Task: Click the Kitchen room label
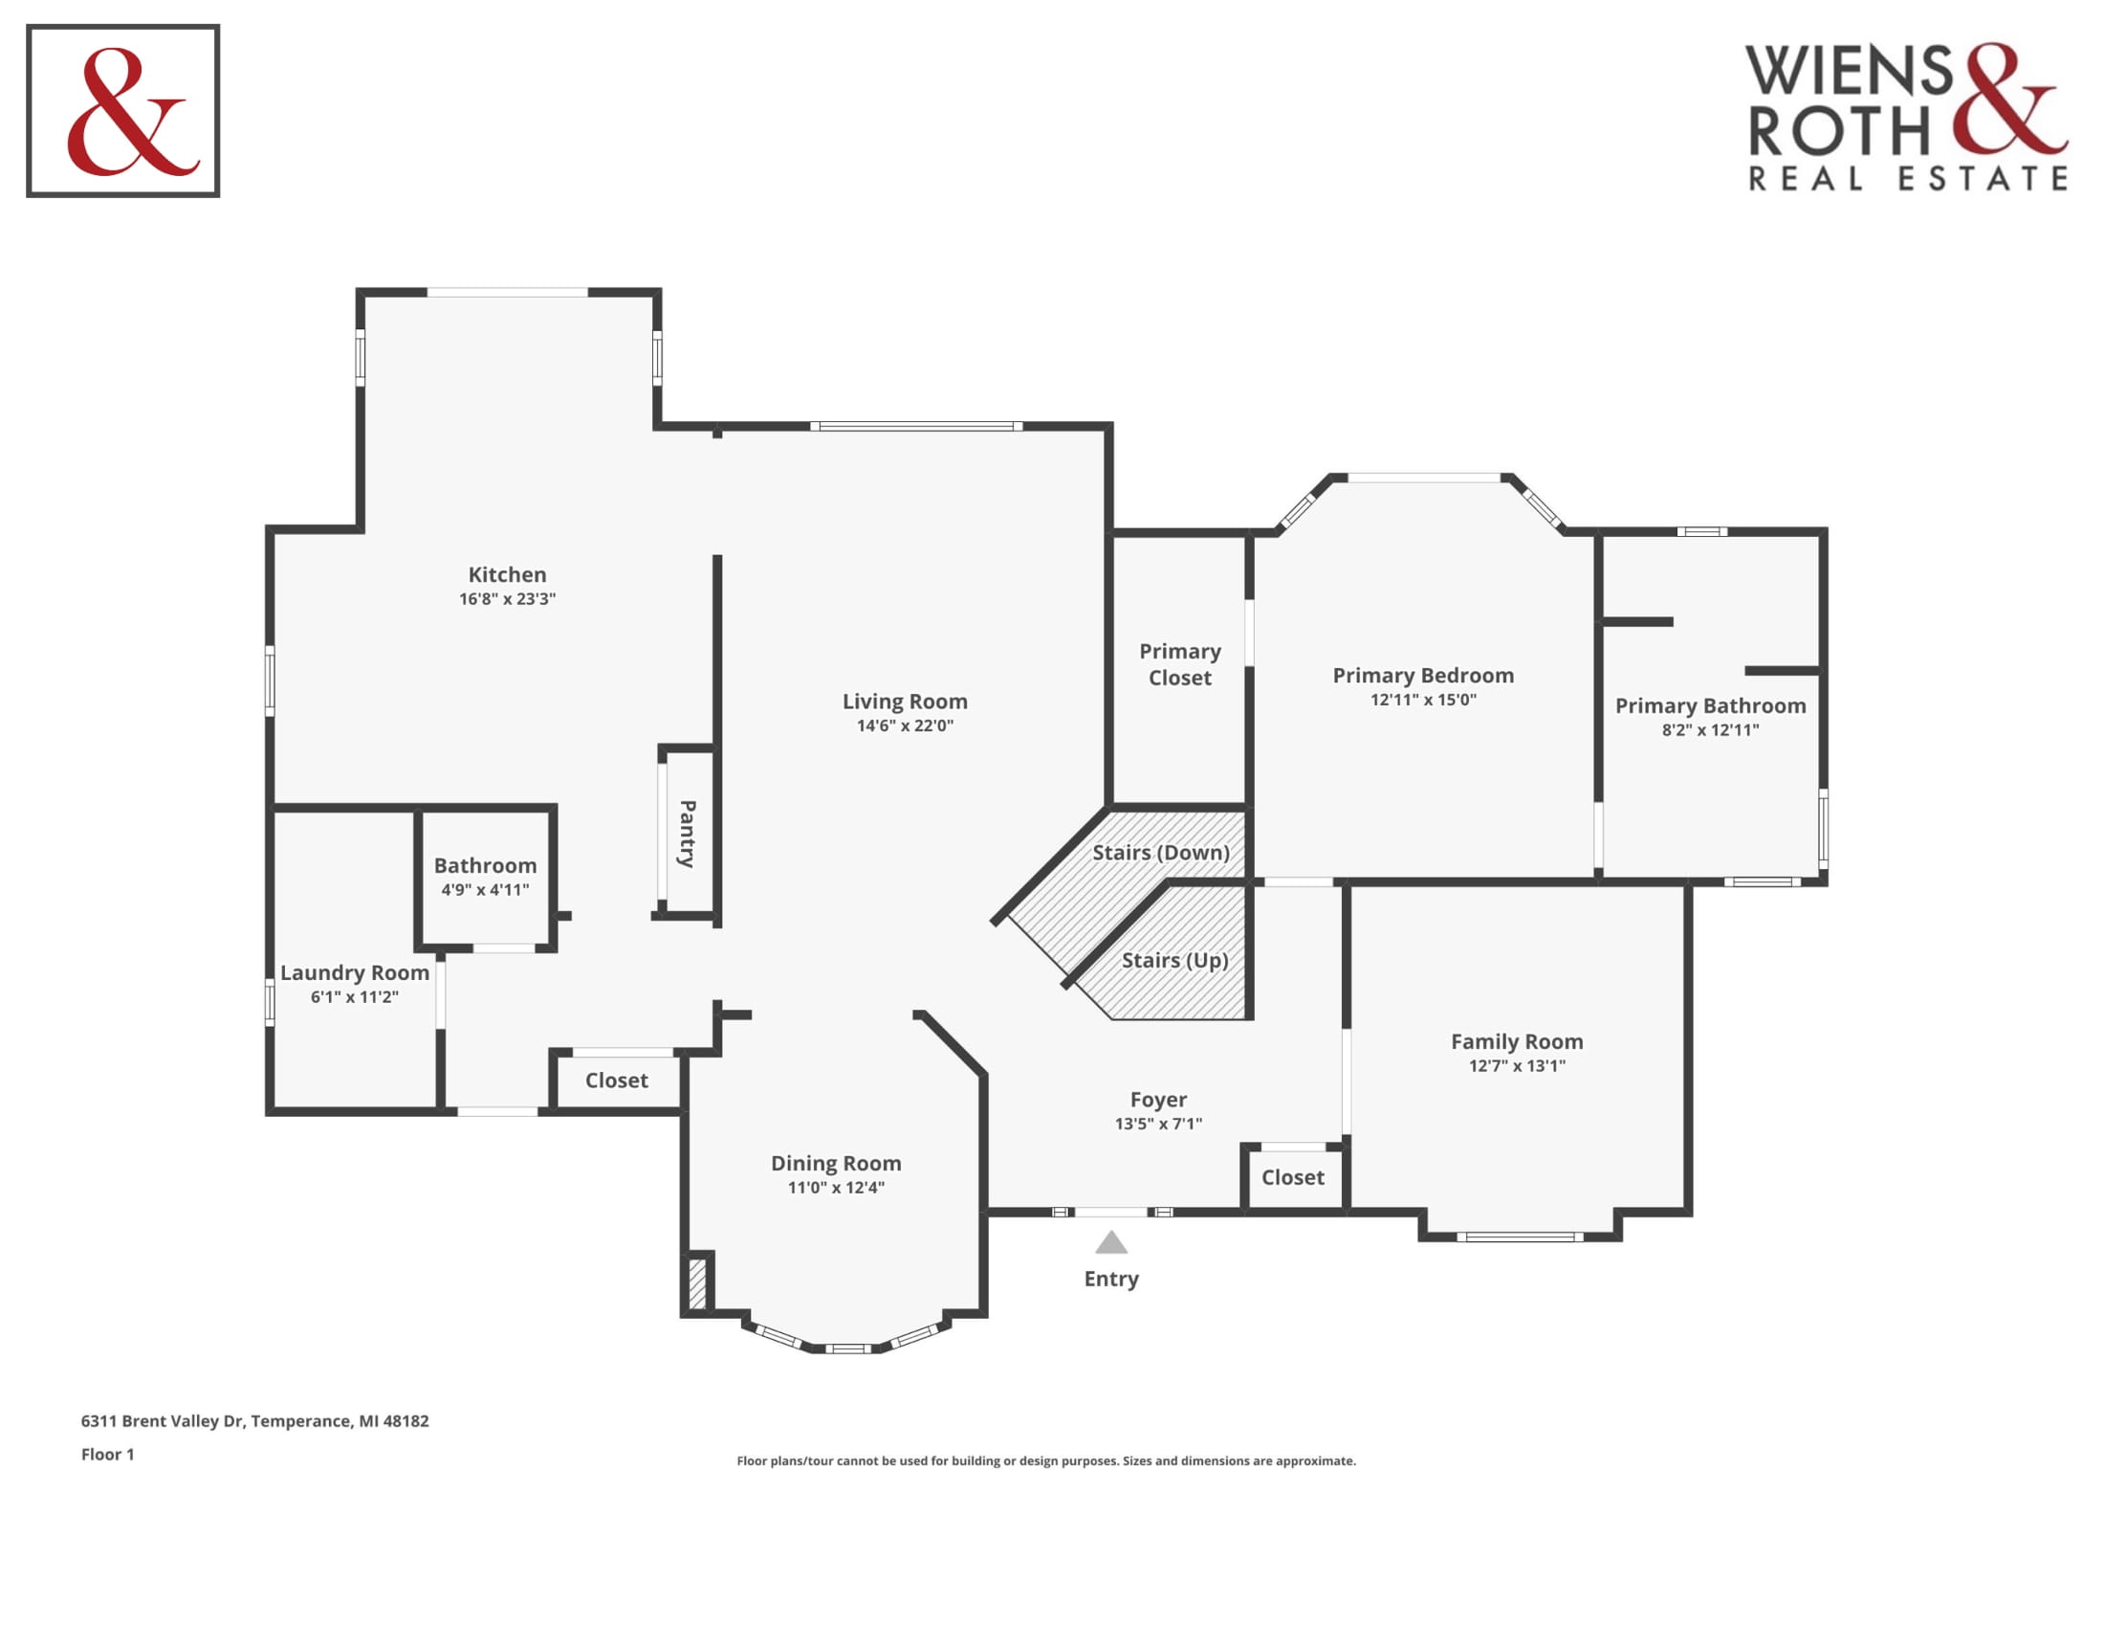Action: (x=507, y=574)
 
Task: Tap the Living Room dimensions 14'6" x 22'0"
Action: (x=905, y=725)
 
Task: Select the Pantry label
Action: (x=688, y=834)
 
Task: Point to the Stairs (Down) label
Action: (x=1161, y=853)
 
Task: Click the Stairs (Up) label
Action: (x=1174, y=961)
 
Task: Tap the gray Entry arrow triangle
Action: (x=1110, y=1241)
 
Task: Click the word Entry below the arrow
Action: (x=1110, y=1279)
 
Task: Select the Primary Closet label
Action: (x=1180, y=665)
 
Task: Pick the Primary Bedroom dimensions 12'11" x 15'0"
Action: (x=1423, y=700)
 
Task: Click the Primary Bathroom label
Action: (x=1710, y=706)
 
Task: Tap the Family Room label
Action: (x=1518, y=1042)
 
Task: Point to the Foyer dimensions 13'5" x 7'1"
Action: (x=1158, y=1124)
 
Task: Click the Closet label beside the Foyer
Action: (x=1293, y=1178)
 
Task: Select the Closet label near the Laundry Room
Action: (x=617, y=1081)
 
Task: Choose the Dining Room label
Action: (x=836, y=1165)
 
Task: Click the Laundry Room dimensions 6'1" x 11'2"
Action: (x=355, y=997)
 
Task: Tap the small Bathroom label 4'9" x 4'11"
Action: (x=486, y=865)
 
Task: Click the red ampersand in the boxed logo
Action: (x=130, y=112)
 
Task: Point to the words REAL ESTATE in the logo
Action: (x=1908, y=179)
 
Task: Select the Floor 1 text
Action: (x=108, y=1455)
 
